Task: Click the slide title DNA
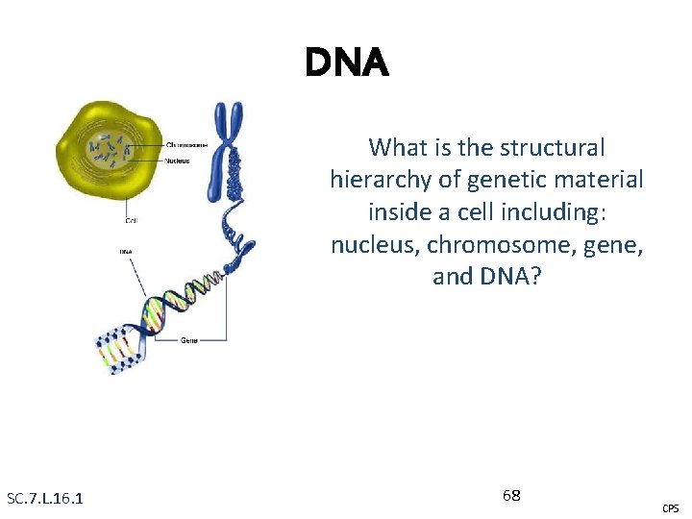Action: tap(347, 63)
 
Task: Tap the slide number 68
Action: tap(511, 495)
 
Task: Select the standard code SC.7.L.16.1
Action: tap(44, 498)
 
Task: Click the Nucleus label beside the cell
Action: tap(178, 161)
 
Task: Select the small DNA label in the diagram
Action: tap(126, 253)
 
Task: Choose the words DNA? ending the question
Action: tap(508, 277)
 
